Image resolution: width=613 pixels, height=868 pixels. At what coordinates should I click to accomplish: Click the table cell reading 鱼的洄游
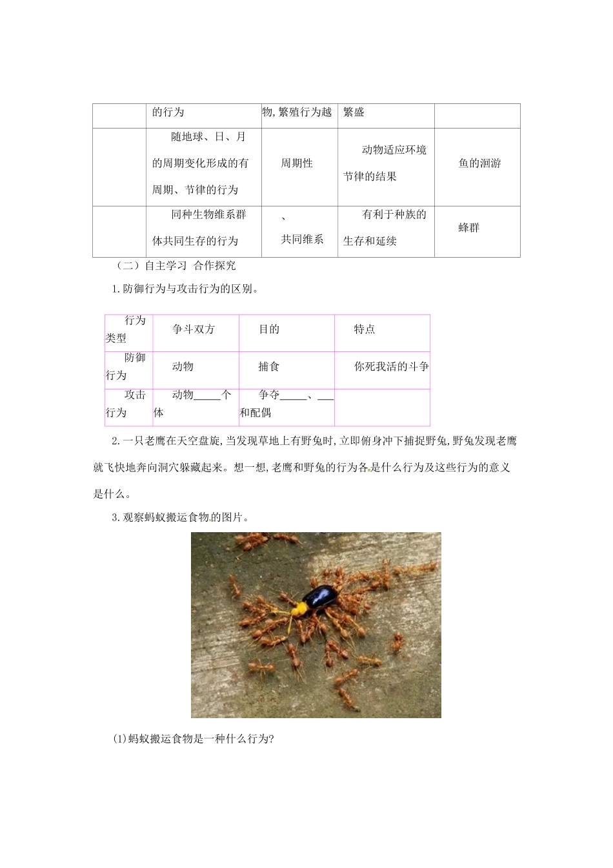(x=479, y=163)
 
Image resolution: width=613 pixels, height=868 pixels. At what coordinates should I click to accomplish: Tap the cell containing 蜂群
(x=469, y=228)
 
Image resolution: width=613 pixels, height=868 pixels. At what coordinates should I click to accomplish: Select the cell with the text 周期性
(x=297, y=163)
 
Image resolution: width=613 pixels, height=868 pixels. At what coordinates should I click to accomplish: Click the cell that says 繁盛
(x=354, y=112)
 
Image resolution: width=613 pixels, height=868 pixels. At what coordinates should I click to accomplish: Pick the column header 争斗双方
(x=194, y=329)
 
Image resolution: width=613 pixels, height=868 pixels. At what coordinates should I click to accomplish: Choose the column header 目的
(x=269, y=329)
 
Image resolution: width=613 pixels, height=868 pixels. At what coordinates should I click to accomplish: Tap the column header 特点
(x=365, y=329)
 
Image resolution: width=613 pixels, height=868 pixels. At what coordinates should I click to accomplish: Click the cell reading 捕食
(x=269, y=367)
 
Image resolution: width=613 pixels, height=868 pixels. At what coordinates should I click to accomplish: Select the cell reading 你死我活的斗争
(x=391, y=367)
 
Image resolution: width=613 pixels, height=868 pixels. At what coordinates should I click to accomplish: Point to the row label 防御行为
(x=127, y=367)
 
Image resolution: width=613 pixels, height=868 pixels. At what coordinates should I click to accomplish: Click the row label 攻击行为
(x=127, y=404)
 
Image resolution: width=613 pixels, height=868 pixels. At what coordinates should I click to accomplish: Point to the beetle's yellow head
(x=298, y=608)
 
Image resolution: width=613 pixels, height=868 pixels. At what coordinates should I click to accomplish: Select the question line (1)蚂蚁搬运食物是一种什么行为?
(x=194, y=740)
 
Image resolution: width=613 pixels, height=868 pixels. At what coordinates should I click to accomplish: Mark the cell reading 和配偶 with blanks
(x=286, y=404)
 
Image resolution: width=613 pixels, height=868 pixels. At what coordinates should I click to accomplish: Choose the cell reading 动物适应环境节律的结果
(x=385, y=163)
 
